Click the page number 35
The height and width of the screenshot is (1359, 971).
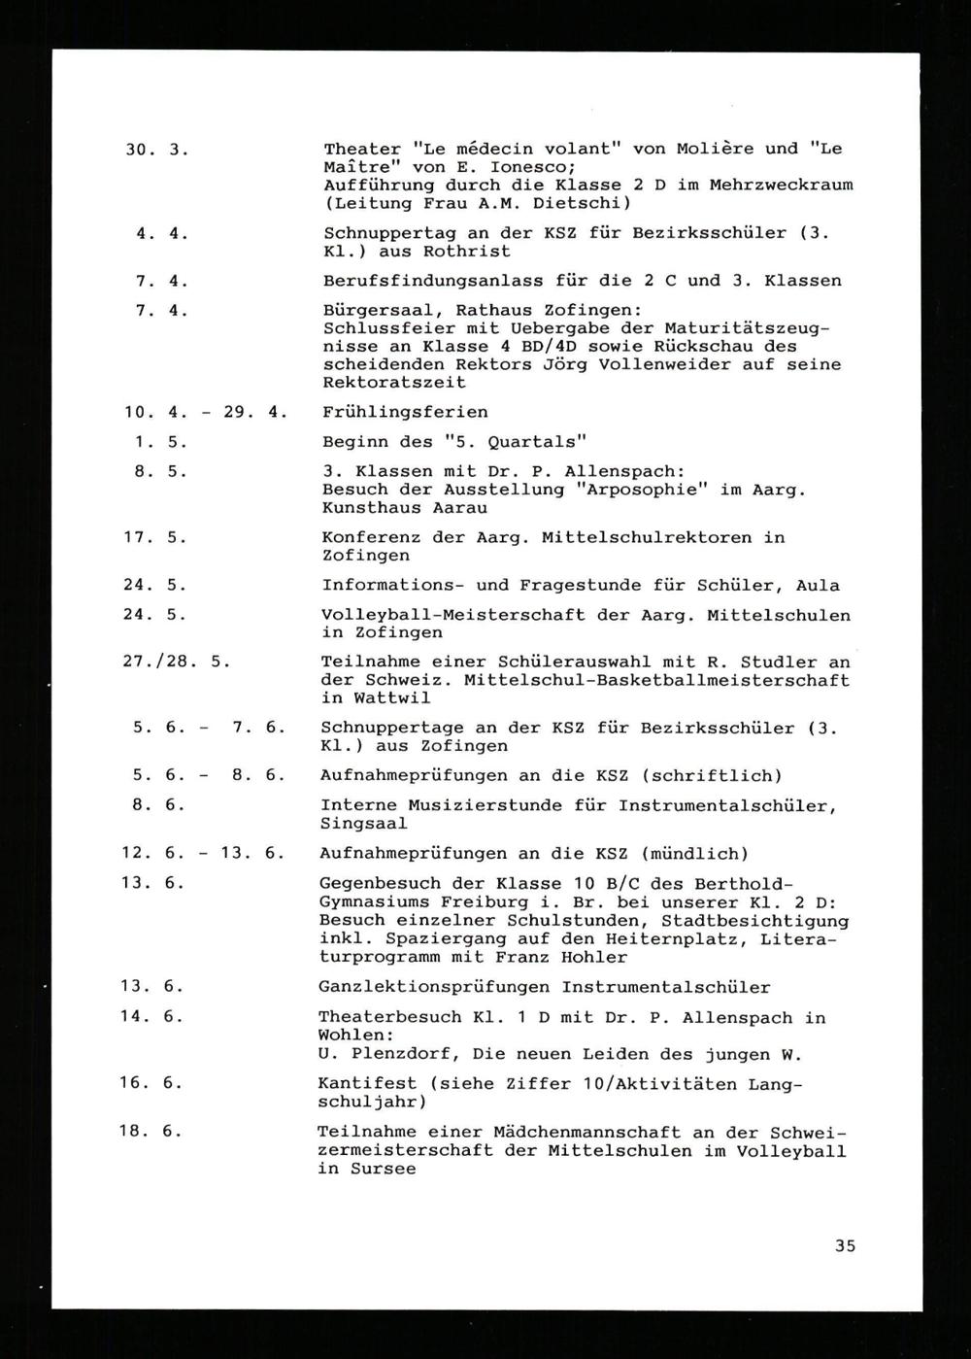[844, 1245]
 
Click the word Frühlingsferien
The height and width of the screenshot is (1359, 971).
[405, 412]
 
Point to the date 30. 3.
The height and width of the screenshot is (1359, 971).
[155, 150]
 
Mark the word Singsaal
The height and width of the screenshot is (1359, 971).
[363, 824]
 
